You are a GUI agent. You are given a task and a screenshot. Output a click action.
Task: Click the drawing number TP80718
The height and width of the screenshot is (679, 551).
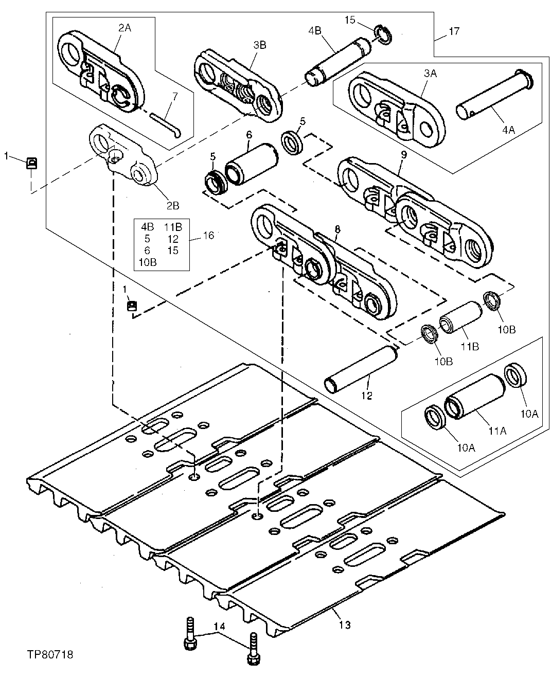point(50,655)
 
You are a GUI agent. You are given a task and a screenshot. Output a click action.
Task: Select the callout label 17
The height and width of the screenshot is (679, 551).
point(454,32)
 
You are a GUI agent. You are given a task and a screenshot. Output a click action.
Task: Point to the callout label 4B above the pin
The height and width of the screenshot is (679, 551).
point(314,30)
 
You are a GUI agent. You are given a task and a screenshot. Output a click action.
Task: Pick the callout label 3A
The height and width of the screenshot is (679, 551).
point(430,74)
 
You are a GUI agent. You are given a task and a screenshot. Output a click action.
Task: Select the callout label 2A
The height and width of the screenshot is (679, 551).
point(125,28)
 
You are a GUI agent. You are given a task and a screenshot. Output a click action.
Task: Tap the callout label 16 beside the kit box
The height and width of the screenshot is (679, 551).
point(208,235)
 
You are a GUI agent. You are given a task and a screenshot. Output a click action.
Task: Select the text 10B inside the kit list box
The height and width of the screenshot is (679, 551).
point(148,261)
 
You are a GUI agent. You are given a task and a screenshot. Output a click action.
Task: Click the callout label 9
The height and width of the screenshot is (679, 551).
point(404,154)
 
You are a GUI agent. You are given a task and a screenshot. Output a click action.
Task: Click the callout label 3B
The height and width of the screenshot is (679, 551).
point(260,45)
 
